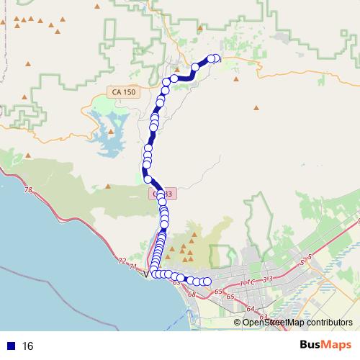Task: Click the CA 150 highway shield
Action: click(x=123, y=92)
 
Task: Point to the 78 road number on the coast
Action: click(x=28, y=190)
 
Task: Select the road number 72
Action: click(x=122, y=261)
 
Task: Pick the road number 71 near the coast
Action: click(x=132, y=266)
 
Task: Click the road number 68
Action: click(x=192, y=294)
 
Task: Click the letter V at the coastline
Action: click(x=147, y=274)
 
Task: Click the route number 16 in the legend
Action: click(x=28, y=346)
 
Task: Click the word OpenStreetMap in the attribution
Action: click(x=271, y=322)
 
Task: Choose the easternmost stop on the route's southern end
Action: click(x=207, y=281)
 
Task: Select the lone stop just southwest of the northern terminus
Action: click(x=195, y=68)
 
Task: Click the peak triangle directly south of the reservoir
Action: click(x=107, y=186)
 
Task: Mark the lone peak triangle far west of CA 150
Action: click(x=25, y=96)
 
